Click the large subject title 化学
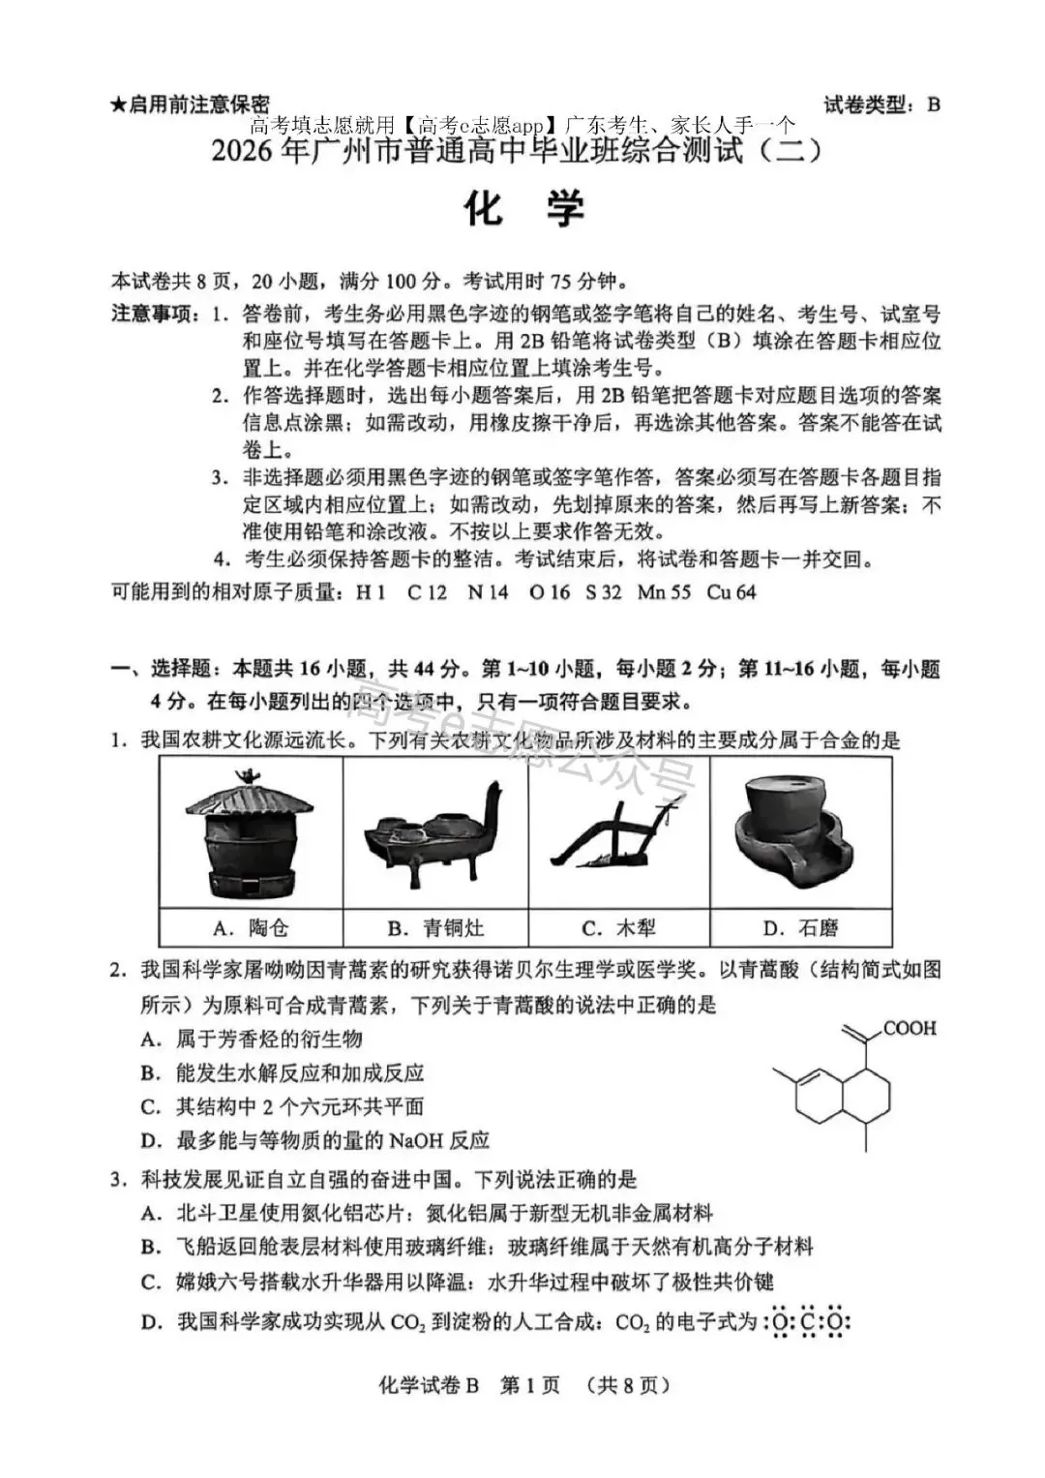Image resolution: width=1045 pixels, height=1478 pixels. point(525,209)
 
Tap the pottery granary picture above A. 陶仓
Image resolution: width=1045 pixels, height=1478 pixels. point(251,833)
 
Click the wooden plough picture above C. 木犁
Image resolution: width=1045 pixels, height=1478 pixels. point(618,834)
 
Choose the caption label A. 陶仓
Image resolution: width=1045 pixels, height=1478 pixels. point(251,928)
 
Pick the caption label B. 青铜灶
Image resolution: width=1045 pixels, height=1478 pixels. point(435,928)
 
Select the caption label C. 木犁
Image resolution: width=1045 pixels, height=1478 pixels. point(618,928)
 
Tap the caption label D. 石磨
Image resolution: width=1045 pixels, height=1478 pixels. point(800,928)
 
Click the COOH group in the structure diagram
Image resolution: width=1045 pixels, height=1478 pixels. point(910,1028)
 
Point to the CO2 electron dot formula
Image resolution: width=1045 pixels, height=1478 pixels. point(807,1322)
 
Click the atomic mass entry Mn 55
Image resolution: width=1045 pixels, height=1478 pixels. point(664,591)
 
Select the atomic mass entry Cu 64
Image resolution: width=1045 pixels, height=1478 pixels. point(731,591)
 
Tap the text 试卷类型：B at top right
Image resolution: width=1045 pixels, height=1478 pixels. point(881,105)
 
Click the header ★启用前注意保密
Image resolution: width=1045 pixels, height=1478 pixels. point(191,105)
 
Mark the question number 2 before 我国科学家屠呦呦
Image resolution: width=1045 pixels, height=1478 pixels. point(117,970)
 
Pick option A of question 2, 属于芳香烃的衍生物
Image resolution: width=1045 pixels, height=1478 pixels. point(252,1039)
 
